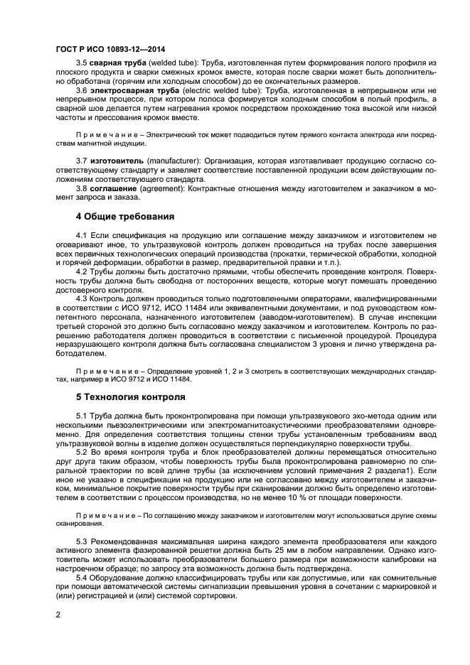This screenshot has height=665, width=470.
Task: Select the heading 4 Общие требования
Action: tap(124, 216)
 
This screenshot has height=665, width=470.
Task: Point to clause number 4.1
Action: tap(80, 234)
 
